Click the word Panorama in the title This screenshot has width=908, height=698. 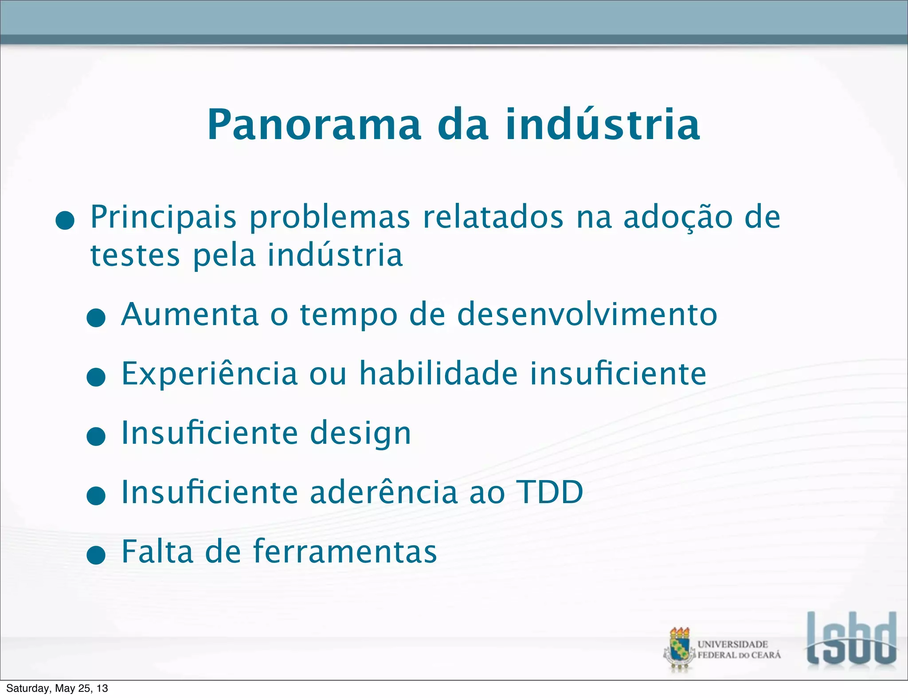314,125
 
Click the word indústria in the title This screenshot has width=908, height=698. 603,125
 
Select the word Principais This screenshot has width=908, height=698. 163,217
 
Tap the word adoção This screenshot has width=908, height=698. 678,217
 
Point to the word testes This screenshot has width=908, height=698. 135,256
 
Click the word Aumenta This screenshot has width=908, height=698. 190,314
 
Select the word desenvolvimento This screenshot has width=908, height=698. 587,314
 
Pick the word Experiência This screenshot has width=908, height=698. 209,374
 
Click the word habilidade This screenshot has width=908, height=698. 438,374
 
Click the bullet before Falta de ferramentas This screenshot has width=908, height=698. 96,555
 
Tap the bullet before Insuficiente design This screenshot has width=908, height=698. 96,437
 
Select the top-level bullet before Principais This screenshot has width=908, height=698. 65,221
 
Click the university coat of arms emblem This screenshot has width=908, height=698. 679,649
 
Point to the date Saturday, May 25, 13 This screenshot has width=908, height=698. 57,688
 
